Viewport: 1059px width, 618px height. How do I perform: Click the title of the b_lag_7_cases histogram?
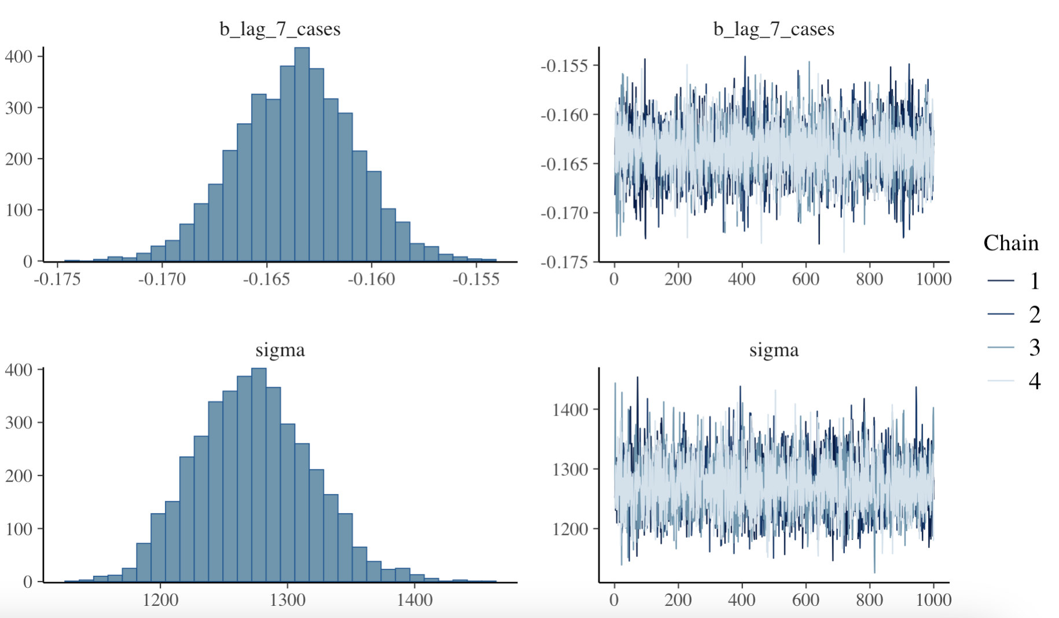click(280, 29)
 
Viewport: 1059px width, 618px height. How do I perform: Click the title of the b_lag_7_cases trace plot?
click(774, 29)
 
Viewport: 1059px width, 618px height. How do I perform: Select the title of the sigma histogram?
click(280, 350)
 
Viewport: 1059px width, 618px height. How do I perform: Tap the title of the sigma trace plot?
click(774, 350)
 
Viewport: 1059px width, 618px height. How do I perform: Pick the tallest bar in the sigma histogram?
click(259, 474)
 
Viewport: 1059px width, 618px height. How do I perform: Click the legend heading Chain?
click(1011, 243)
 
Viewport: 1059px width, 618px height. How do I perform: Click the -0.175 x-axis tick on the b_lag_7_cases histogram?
click(57, 279)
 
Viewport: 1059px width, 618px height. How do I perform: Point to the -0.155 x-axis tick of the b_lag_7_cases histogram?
click(476, 279)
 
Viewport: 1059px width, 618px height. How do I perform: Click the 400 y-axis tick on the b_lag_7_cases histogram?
click(19, 57)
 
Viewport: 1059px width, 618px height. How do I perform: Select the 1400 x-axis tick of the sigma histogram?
click(415, 599)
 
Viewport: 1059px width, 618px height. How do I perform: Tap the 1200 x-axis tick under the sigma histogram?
click(160, 599)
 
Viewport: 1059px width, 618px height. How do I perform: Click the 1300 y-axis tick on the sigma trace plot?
click(570, 469)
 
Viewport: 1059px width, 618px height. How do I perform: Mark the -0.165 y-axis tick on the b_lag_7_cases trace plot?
click(564, 164)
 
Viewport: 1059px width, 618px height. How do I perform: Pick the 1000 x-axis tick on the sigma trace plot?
click(933, 599)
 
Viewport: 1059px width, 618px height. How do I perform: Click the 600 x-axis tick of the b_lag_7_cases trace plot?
click(806, 279)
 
